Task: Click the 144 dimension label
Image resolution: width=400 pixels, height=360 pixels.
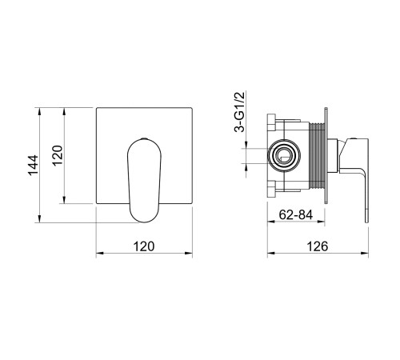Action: point(34,165)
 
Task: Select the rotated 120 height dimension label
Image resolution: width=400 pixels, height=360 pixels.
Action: point(58,155)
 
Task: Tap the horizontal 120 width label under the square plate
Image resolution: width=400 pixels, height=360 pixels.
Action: point(144,246)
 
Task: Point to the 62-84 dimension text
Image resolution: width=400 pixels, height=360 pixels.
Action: point(296,214)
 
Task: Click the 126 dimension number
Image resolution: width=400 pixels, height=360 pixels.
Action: point(318,246)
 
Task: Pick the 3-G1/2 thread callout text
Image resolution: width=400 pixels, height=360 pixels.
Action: point(239,112)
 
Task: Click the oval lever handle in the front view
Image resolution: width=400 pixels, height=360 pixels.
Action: point(144,180)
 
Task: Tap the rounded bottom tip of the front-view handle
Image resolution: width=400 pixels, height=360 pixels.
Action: point(144,222)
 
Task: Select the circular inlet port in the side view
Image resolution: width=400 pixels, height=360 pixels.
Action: point(284,156)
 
